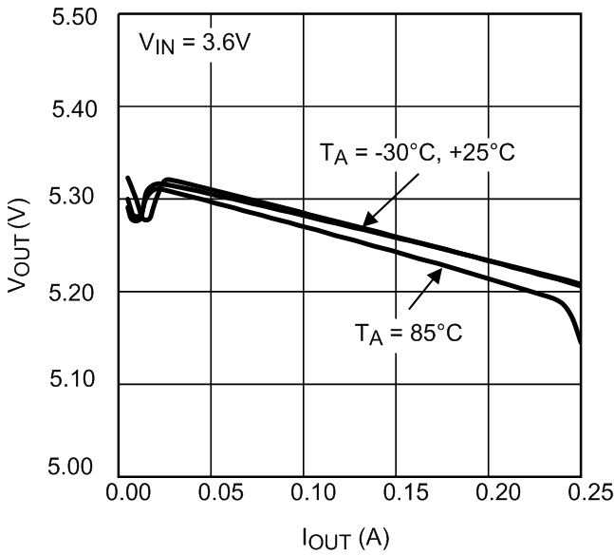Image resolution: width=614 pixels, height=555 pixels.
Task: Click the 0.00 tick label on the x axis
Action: click(127, 494)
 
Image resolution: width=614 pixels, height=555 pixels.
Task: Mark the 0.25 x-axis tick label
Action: click(580, 494)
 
